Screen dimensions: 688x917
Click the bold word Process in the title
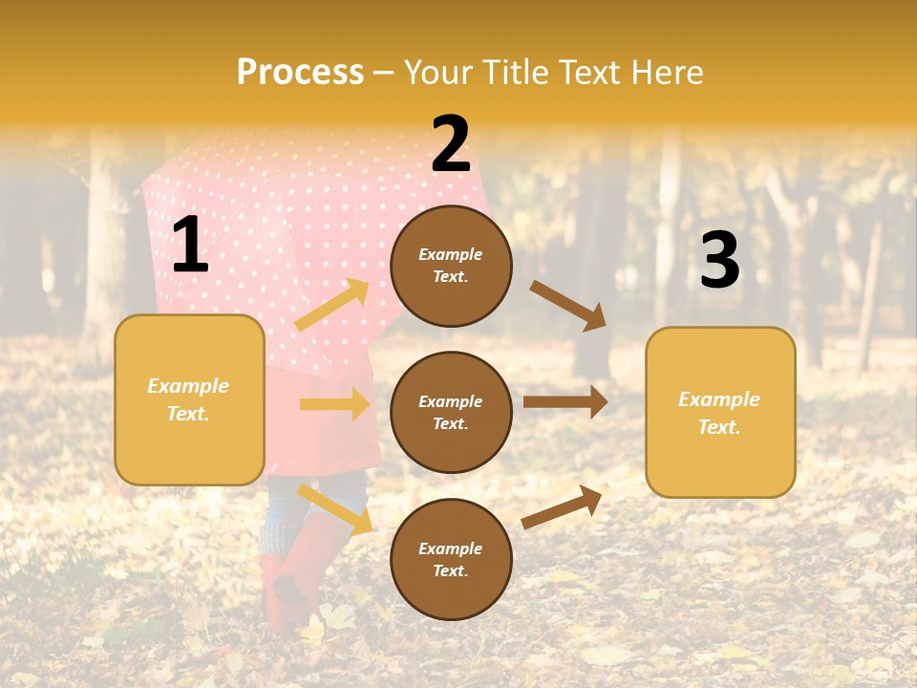[x=300, y=72]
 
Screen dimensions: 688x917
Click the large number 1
[x=190, y=246]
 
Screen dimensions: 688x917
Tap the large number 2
[x=451, y=144]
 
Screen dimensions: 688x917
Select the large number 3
[x=719, y=260]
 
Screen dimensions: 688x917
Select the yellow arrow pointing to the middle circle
[x=334, y=404]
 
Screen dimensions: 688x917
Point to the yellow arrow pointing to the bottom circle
[x=335, y=508]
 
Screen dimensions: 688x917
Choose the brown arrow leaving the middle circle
[x=565, y=401]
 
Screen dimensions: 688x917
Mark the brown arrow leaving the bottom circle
[x=562, y=506]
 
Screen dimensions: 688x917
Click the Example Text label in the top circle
[x=451, y=266]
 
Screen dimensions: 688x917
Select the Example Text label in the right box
[x=719, y=413]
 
